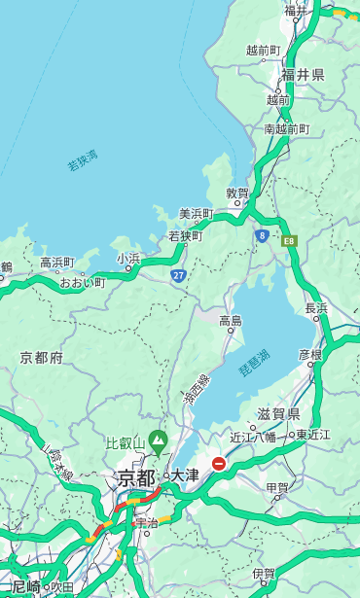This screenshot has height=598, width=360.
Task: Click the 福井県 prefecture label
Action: [x=303, y=75]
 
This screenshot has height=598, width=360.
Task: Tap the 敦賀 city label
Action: [x=237, y=193]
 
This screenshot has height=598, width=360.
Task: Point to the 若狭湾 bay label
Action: [x=83, y=160]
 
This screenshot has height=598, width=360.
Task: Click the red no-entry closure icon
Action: [x=220, y=465]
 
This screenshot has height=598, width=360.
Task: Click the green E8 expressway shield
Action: [x=289, y=240]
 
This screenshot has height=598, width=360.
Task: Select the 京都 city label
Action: [x=136, y=477]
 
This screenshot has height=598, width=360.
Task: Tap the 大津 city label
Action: [x=185, y=475]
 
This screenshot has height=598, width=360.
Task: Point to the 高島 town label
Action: [x=231, y=321]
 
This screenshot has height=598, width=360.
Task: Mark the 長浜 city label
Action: [x=316, y=308]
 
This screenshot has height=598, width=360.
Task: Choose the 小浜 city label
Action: [x=128, y=259]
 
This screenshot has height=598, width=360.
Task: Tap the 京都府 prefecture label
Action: [x=42, y=358]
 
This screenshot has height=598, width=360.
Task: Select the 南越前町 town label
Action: [x=286, y=129]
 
